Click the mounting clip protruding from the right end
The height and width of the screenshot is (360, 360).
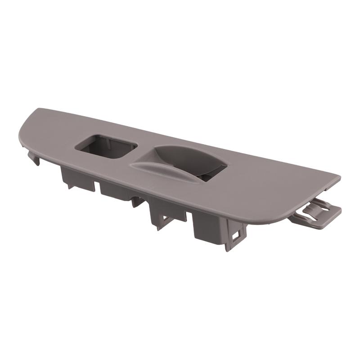[x=315, y=215]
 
